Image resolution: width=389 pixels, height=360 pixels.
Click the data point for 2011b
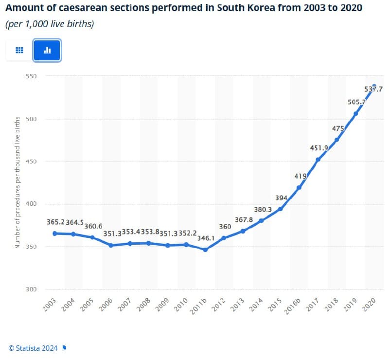[x=205, y=250]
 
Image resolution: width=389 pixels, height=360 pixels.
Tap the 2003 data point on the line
[x=55, y=234]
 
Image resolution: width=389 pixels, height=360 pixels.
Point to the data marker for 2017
[x=318, y=160]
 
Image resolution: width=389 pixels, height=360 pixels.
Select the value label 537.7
[x=373, y=89]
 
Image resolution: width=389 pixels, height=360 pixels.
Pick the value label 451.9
[x=319, y=148]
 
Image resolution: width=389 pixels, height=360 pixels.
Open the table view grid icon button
[x=19, y=50]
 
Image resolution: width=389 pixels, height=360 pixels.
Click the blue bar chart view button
[x=47, y=50]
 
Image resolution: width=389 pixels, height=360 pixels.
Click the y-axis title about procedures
[x=18, y=182]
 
